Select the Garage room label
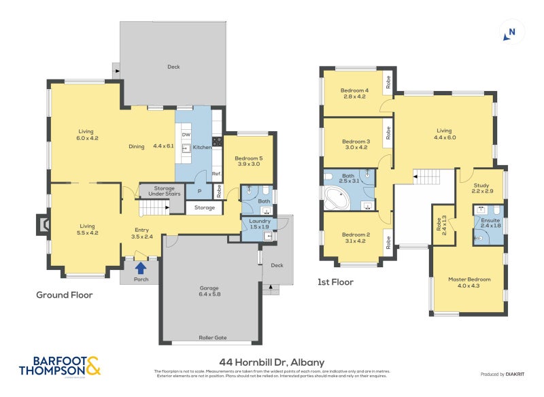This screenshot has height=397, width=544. click(x=209, y=291)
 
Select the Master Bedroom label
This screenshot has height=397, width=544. click(x=469, y=282)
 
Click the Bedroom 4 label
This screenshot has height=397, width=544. click(x=354, y=93)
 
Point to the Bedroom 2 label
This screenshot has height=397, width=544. click(x=354, y=238)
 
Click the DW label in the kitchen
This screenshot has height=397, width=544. click(x=185, y=135)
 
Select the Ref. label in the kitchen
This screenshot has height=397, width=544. click(x=217, y=174)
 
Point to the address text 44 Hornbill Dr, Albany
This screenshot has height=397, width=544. click(x=271, y=362)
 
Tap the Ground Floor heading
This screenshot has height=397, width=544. click(x=64, y=295)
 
